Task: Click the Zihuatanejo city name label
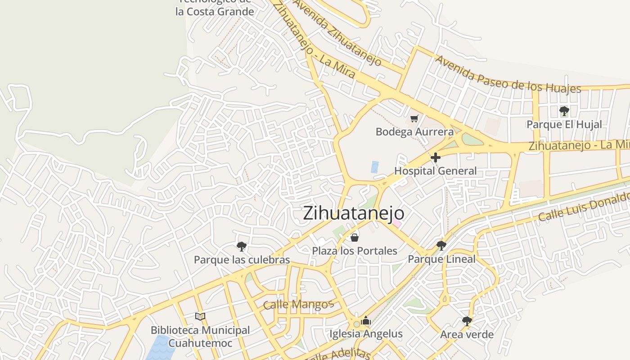(x=353, y=213)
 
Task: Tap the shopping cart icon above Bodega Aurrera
(x=414, y=119)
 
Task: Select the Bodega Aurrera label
(x=414, y=132)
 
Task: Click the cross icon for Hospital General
(x=436, y=158)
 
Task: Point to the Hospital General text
(x=435, y=171)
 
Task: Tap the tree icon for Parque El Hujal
(x=564, y=111)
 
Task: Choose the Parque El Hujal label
(x=564, y=125)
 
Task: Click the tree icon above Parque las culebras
(x=242, y=246)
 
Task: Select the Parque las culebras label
(x=242, y=260)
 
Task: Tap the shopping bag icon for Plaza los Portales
(x=355, y=237)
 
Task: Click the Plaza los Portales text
(x=355, y=251)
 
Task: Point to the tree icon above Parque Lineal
(x=441, y=246)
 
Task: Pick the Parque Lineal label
(x=441, y=259)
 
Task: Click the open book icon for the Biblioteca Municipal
(x=200, y=317)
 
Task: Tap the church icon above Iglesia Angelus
(x=365, y=320)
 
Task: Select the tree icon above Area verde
(x=467, y=321)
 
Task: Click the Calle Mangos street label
(x=298, y=305)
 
